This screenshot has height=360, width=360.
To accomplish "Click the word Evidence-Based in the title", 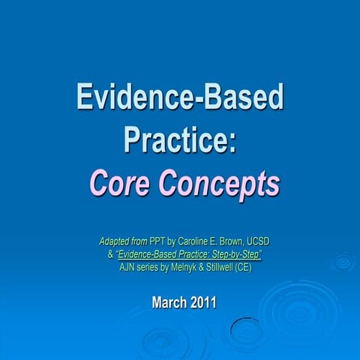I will (x=180, y=97).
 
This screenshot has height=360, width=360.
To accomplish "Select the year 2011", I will (x=202, y=303).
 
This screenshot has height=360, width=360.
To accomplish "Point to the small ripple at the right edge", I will (x=344, y=262).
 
